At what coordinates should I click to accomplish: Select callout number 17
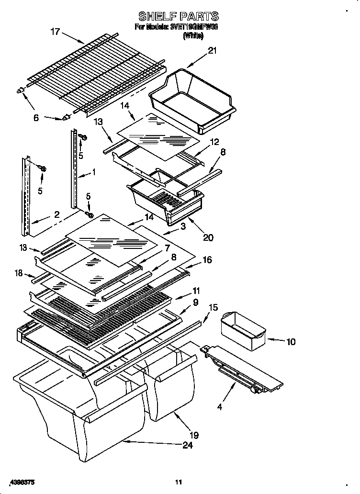tap(56, 32)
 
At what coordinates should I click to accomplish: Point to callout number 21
tap(212, 51)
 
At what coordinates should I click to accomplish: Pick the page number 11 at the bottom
tap(179, 481)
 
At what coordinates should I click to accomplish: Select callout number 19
tap(194, 435)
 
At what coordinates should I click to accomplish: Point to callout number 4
tap(220, 407)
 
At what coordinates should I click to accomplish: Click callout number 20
tap(208, 236)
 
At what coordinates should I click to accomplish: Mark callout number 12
tap(214, 142)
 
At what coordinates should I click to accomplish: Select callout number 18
tap(19, 273)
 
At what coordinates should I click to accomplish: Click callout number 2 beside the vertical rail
tap(56, 215)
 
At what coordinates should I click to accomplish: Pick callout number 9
tap(195, 303)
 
